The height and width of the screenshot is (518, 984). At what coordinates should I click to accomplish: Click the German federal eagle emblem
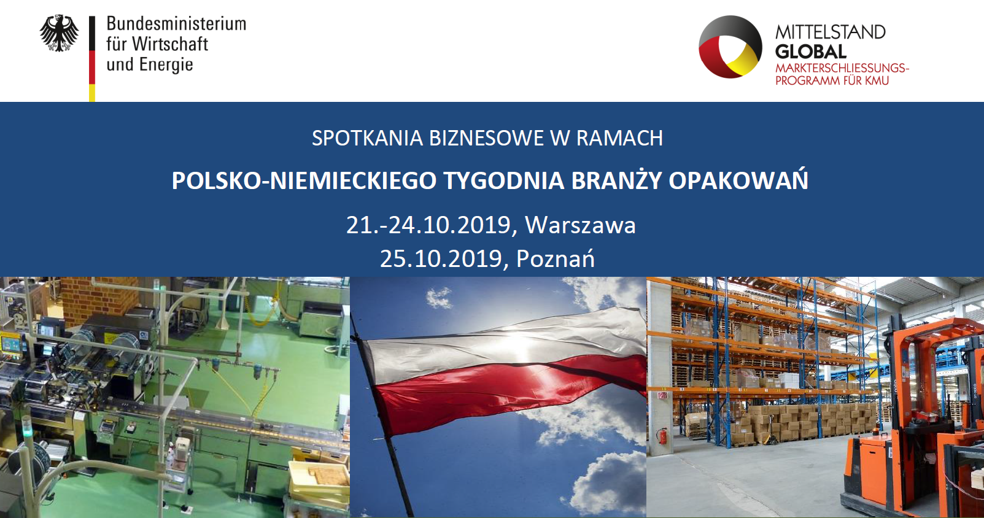click(59, 33)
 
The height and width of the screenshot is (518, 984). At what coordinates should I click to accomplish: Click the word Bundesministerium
click(176, 24)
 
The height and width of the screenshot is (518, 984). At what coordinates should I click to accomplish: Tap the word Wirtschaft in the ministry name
click(170, 44)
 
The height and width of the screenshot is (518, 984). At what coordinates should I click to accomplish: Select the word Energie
click(166, 64)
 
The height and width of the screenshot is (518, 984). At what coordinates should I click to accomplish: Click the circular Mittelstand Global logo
click(730, 47)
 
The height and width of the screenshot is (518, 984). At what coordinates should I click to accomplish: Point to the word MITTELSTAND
click(831, 32)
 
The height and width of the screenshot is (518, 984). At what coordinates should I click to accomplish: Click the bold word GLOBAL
click(810, 52)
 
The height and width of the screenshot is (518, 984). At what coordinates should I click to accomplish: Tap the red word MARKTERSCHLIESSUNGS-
click(842, 68)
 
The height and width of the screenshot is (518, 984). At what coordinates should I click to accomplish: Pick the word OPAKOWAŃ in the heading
click(738, 180)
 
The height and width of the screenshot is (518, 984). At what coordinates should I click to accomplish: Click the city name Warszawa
click(580, 225)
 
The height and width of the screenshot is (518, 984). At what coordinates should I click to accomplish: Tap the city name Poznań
click(556, 258)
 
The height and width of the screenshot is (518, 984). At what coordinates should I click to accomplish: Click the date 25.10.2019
click(441, 259)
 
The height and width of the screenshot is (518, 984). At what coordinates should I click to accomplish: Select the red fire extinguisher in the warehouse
click(661, 436)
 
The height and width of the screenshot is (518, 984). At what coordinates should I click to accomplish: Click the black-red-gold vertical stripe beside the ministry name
click(92, 59)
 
